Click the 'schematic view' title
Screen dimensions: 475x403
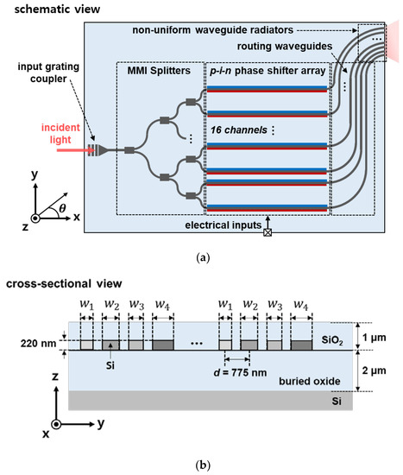[50, 8]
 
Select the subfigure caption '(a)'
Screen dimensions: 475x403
[201, 256]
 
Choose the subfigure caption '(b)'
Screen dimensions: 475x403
[201, 465]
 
